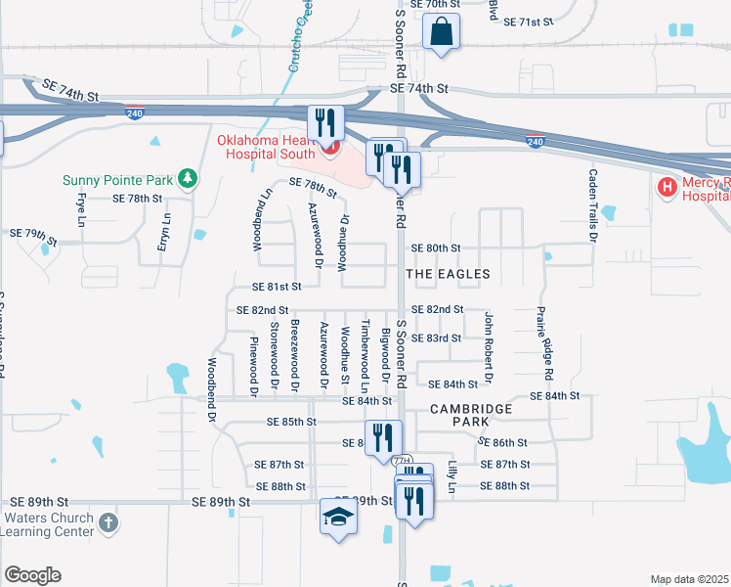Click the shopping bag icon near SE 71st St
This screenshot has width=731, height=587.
[x=442, y=30]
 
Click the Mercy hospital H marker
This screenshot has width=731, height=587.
[x=668, y=187]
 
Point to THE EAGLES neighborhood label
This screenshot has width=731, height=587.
[x=448, y=274]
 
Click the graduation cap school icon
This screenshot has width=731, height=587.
[x=338, y=517]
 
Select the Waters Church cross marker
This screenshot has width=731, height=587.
[x=107, y=523]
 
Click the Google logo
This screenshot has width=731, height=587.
[x=32, y=575]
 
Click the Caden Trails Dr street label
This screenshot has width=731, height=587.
[x=592, y=204]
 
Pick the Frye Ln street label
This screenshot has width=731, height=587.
[x=81, y=216]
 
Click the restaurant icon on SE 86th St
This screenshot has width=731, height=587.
[x=382, y=437]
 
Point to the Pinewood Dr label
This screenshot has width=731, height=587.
[x=253, y=366]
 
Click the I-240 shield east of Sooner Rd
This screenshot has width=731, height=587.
[x=536, y=142]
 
